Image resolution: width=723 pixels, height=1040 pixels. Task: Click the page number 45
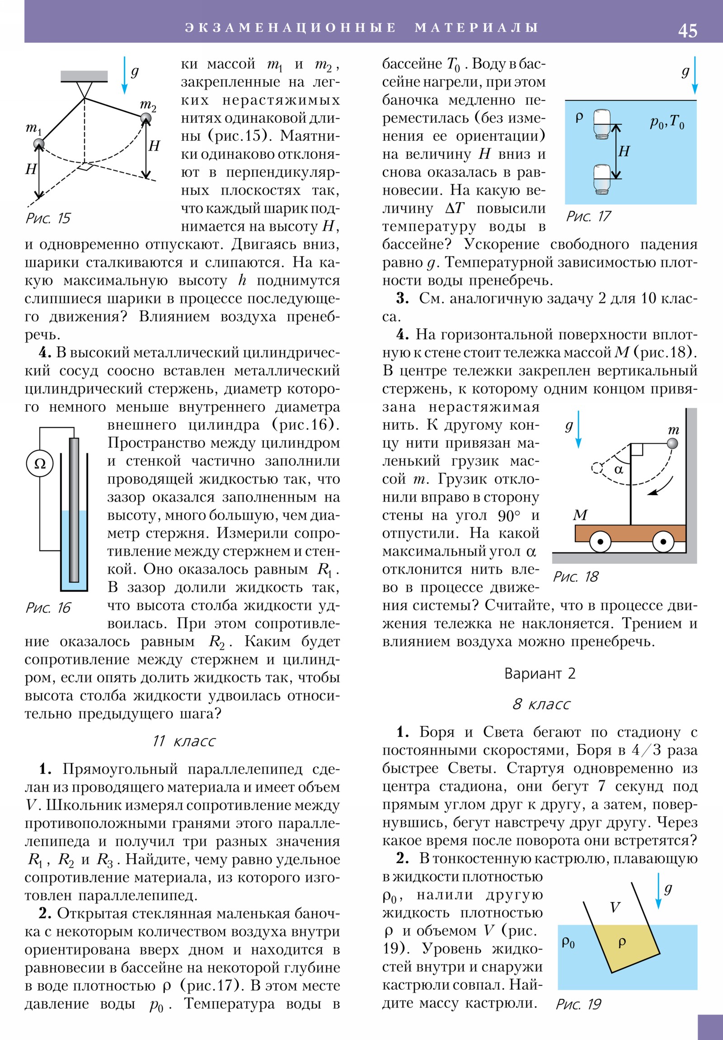(x=687, y=30)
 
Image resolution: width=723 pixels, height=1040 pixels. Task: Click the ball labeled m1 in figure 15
(x=39, y=144)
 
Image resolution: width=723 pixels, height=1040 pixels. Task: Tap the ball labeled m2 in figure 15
(x=146, y=118)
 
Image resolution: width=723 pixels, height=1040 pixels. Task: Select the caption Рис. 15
(x=48, y=218)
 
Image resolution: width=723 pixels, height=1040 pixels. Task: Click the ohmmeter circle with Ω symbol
(x=40, y=463)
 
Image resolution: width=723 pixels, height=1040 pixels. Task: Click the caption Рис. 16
(x=48, y=607)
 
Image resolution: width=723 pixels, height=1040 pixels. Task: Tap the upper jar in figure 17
(x=602, y=123)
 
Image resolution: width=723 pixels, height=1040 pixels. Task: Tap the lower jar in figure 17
(x=602, y=180)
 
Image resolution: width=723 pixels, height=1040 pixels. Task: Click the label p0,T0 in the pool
(x=667, y=122)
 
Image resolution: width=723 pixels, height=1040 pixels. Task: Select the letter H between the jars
(x=624, y=151)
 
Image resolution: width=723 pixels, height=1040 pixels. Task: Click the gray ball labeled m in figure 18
(x=673, y=443)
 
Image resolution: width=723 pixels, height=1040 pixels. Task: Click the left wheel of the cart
(x=600, y=542)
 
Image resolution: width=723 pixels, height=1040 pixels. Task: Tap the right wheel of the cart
(x=663, y=542)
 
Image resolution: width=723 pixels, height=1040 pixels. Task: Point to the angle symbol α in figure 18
(x=619, y=470)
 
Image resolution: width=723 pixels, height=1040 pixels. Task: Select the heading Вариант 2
(x=540, y=674)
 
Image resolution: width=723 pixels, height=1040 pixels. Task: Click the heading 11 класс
(x=183, y=741)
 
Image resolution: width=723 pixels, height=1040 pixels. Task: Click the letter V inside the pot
(x=615, y=907)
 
